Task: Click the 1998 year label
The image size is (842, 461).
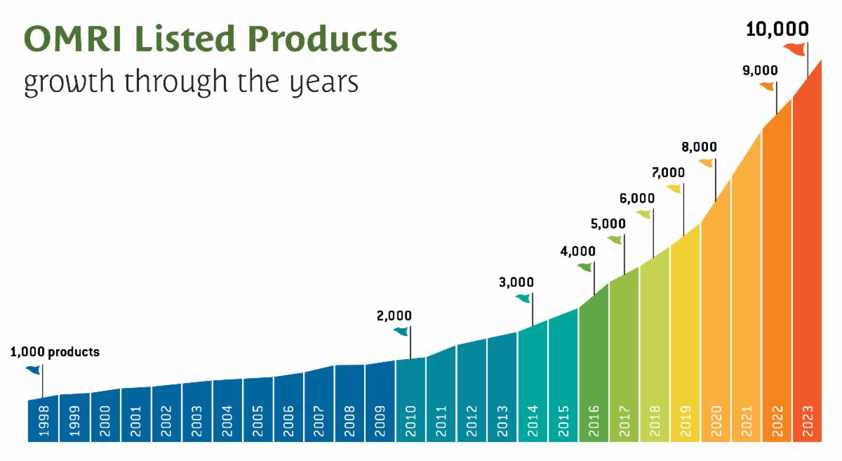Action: pos(44,420)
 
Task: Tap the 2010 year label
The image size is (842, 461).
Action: pos(410,420)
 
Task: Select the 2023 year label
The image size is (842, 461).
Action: pos(808,420)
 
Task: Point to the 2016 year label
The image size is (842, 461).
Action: pos(594,420)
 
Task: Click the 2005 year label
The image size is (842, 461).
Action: pos(258,420)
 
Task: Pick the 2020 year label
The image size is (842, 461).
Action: pos(716,420)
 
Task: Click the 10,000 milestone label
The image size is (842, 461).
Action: pos(777,30)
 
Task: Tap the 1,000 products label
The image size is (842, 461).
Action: pos(55,352)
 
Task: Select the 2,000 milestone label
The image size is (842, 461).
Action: pos(394,316)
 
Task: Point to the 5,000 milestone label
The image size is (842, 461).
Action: pos(608,224)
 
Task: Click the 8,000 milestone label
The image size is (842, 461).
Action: pos(699,147)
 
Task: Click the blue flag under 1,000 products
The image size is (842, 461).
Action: pos(33,370)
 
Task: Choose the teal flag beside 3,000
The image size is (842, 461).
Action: pos(523,298)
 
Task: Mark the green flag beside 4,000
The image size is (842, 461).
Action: pos(584,267)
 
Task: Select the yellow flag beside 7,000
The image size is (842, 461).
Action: pos(674,188)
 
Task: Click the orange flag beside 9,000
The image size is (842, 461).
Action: pos(767,86)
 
